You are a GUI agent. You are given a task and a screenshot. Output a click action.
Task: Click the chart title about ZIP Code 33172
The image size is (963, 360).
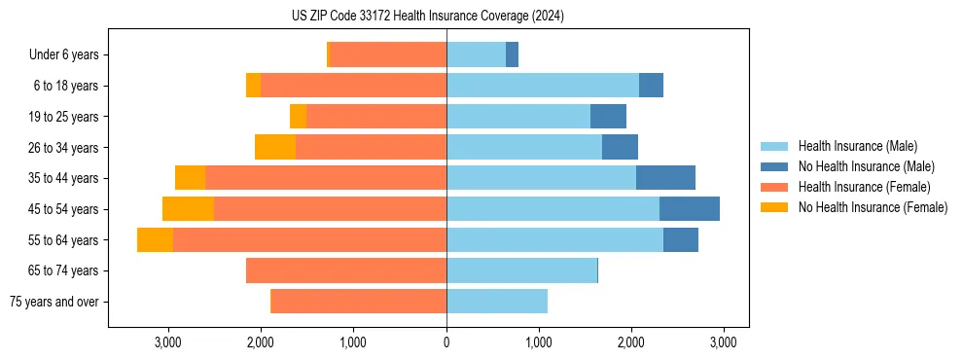pyautogui.click(x=427, y=17)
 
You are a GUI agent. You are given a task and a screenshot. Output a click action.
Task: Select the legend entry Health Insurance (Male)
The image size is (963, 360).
pyautogui.click(x=857, y=146)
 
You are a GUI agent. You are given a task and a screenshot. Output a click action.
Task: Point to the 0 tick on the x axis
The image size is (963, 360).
pyautogui.click(x=446, y=342)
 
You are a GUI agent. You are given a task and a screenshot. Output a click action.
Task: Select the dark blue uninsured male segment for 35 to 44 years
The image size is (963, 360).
pyautogui.click(x=665, y=178)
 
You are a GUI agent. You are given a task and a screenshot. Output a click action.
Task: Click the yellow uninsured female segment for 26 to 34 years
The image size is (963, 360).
pyautogui.click(x=275, y=147)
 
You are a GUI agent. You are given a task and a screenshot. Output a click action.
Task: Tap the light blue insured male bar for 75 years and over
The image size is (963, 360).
pyautogui.click(x=497, y=302)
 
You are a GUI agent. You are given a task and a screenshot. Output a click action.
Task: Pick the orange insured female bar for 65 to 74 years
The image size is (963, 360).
pyautogui.click(x=346, y=270)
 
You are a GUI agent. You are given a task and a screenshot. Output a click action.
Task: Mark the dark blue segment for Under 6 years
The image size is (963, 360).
pyautogui.click(x=512, y=55)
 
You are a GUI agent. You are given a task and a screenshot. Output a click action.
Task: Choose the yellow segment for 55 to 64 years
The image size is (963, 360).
pyautogui.click(x=155, y=239)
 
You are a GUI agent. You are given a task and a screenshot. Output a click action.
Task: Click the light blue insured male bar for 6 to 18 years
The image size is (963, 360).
pyautogui.click(x=543, y=86)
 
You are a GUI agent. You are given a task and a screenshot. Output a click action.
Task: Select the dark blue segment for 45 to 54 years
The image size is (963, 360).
pyautogui.click(x=690, y=209)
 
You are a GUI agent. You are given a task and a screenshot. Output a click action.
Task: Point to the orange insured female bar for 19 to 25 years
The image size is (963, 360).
pyautogui.click(x=376, y=117)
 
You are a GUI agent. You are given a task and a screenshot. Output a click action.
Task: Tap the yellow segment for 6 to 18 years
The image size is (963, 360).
pyautogui.click(x=253, y=86)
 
